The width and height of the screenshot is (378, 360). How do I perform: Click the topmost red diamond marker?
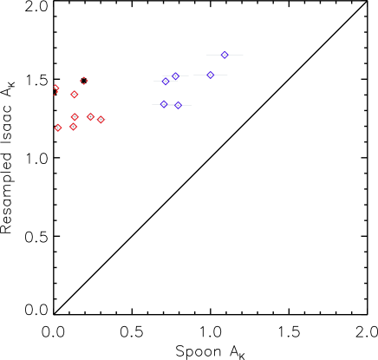point(84,81)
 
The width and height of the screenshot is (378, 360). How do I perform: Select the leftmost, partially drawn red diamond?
point(55,88)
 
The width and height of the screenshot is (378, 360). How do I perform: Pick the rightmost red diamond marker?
point(101,120)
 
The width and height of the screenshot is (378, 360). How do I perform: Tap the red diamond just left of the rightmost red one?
point(90,116)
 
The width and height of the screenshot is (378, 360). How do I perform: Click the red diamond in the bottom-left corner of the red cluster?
point(58,128)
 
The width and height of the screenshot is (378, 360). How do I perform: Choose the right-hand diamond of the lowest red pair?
point(74,127)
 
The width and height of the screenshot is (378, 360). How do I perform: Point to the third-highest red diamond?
point(75,95)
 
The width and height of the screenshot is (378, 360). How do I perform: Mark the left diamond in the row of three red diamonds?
point(75,116)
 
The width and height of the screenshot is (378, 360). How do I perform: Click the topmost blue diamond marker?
point(225,55)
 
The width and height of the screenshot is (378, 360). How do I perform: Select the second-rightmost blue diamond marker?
point(210,75)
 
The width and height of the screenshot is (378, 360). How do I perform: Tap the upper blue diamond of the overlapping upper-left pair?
point(175,75)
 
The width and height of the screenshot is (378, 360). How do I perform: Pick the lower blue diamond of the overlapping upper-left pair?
point(166,82)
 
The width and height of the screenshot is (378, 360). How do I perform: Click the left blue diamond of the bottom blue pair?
point(163,104)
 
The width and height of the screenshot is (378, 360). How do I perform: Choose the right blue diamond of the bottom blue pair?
point(179,105)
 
